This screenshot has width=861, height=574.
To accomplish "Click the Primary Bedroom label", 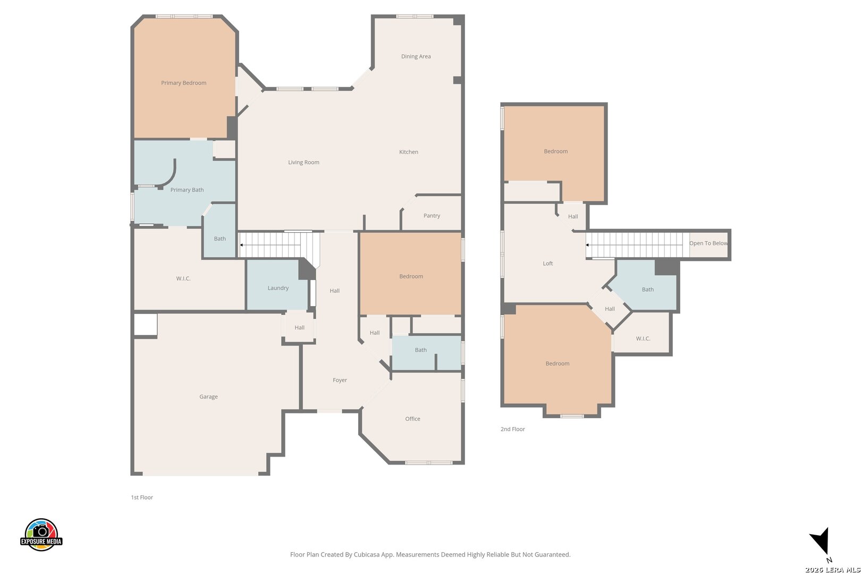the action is [183, 83].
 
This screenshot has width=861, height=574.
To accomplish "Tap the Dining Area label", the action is [416, 56].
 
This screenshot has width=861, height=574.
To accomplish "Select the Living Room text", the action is [303, 162].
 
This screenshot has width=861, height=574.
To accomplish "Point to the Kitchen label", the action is [409, 152].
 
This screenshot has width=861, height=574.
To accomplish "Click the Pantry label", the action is [432, 216].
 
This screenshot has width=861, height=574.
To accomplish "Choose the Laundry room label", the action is [278, 288].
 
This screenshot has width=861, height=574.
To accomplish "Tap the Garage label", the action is [208, 397].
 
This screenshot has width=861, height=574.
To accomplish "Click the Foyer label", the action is [340, 380].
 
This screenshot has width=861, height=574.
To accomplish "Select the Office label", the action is [412, 419].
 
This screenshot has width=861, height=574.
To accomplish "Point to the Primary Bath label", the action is [187, 190].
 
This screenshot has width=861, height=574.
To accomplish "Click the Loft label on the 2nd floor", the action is [548, 264].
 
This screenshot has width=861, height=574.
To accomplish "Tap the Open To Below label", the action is [708, 243].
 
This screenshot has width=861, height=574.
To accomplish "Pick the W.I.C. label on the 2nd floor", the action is [643, 339].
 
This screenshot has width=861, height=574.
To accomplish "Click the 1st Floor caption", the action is [142, 497].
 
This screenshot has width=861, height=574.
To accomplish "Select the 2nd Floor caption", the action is [512, 429].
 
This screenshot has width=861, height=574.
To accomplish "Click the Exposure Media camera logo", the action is [41, 535].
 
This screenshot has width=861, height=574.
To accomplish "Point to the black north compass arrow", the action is [821, 540].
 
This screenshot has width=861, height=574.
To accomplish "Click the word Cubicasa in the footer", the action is [367, 554].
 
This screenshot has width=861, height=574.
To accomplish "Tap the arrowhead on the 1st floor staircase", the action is [241, 245].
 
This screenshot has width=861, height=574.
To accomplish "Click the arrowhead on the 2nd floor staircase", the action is [587, 245].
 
